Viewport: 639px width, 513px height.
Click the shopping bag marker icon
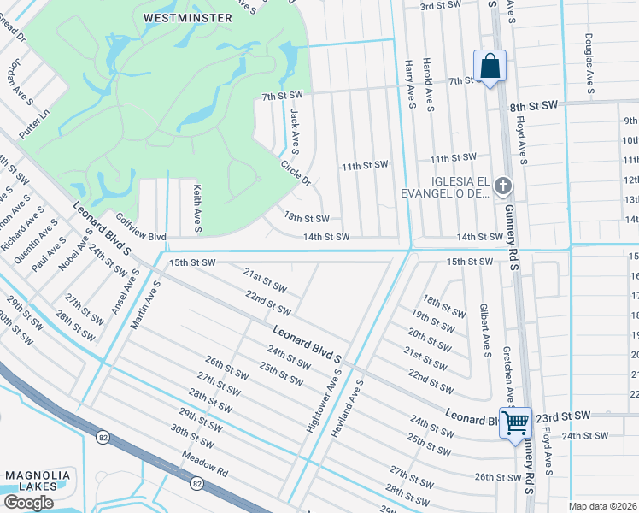pos(490,66)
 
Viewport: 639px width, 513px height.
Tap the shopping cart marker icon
pos(516,422)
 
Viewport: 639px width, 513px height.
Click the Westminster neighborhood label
pos(188,17)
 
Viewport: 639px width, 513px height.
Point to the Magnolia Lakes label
pos(31,480)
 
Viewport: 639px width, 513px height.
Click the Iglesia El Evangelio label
pos(445,187)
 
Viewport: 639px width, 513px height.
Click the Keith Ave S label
pos(196,209)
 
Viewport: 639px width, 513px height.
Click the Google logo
pos(28,502)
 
